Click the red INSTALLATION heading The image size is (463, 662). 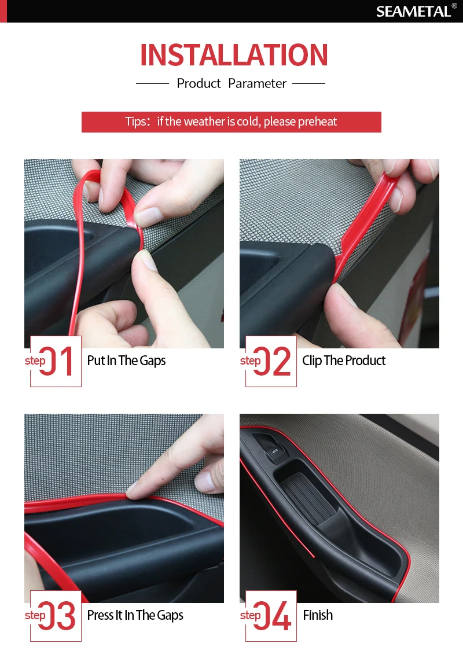point(234,55)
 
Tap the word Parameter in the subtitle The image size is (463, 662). point(257,83)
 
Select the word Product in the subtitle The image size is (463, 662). point(199,83)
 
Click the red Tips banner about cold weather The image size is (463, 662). point(231,122)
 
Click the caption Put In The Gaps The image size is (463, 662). point(126,361)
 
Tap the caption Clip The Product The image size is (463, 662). point(344,361)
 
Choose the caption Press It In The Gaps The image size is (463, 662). point(135,615)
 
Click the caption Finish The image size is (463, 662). point(318,615)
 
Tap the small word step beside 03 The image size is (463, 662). point(35,615)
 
